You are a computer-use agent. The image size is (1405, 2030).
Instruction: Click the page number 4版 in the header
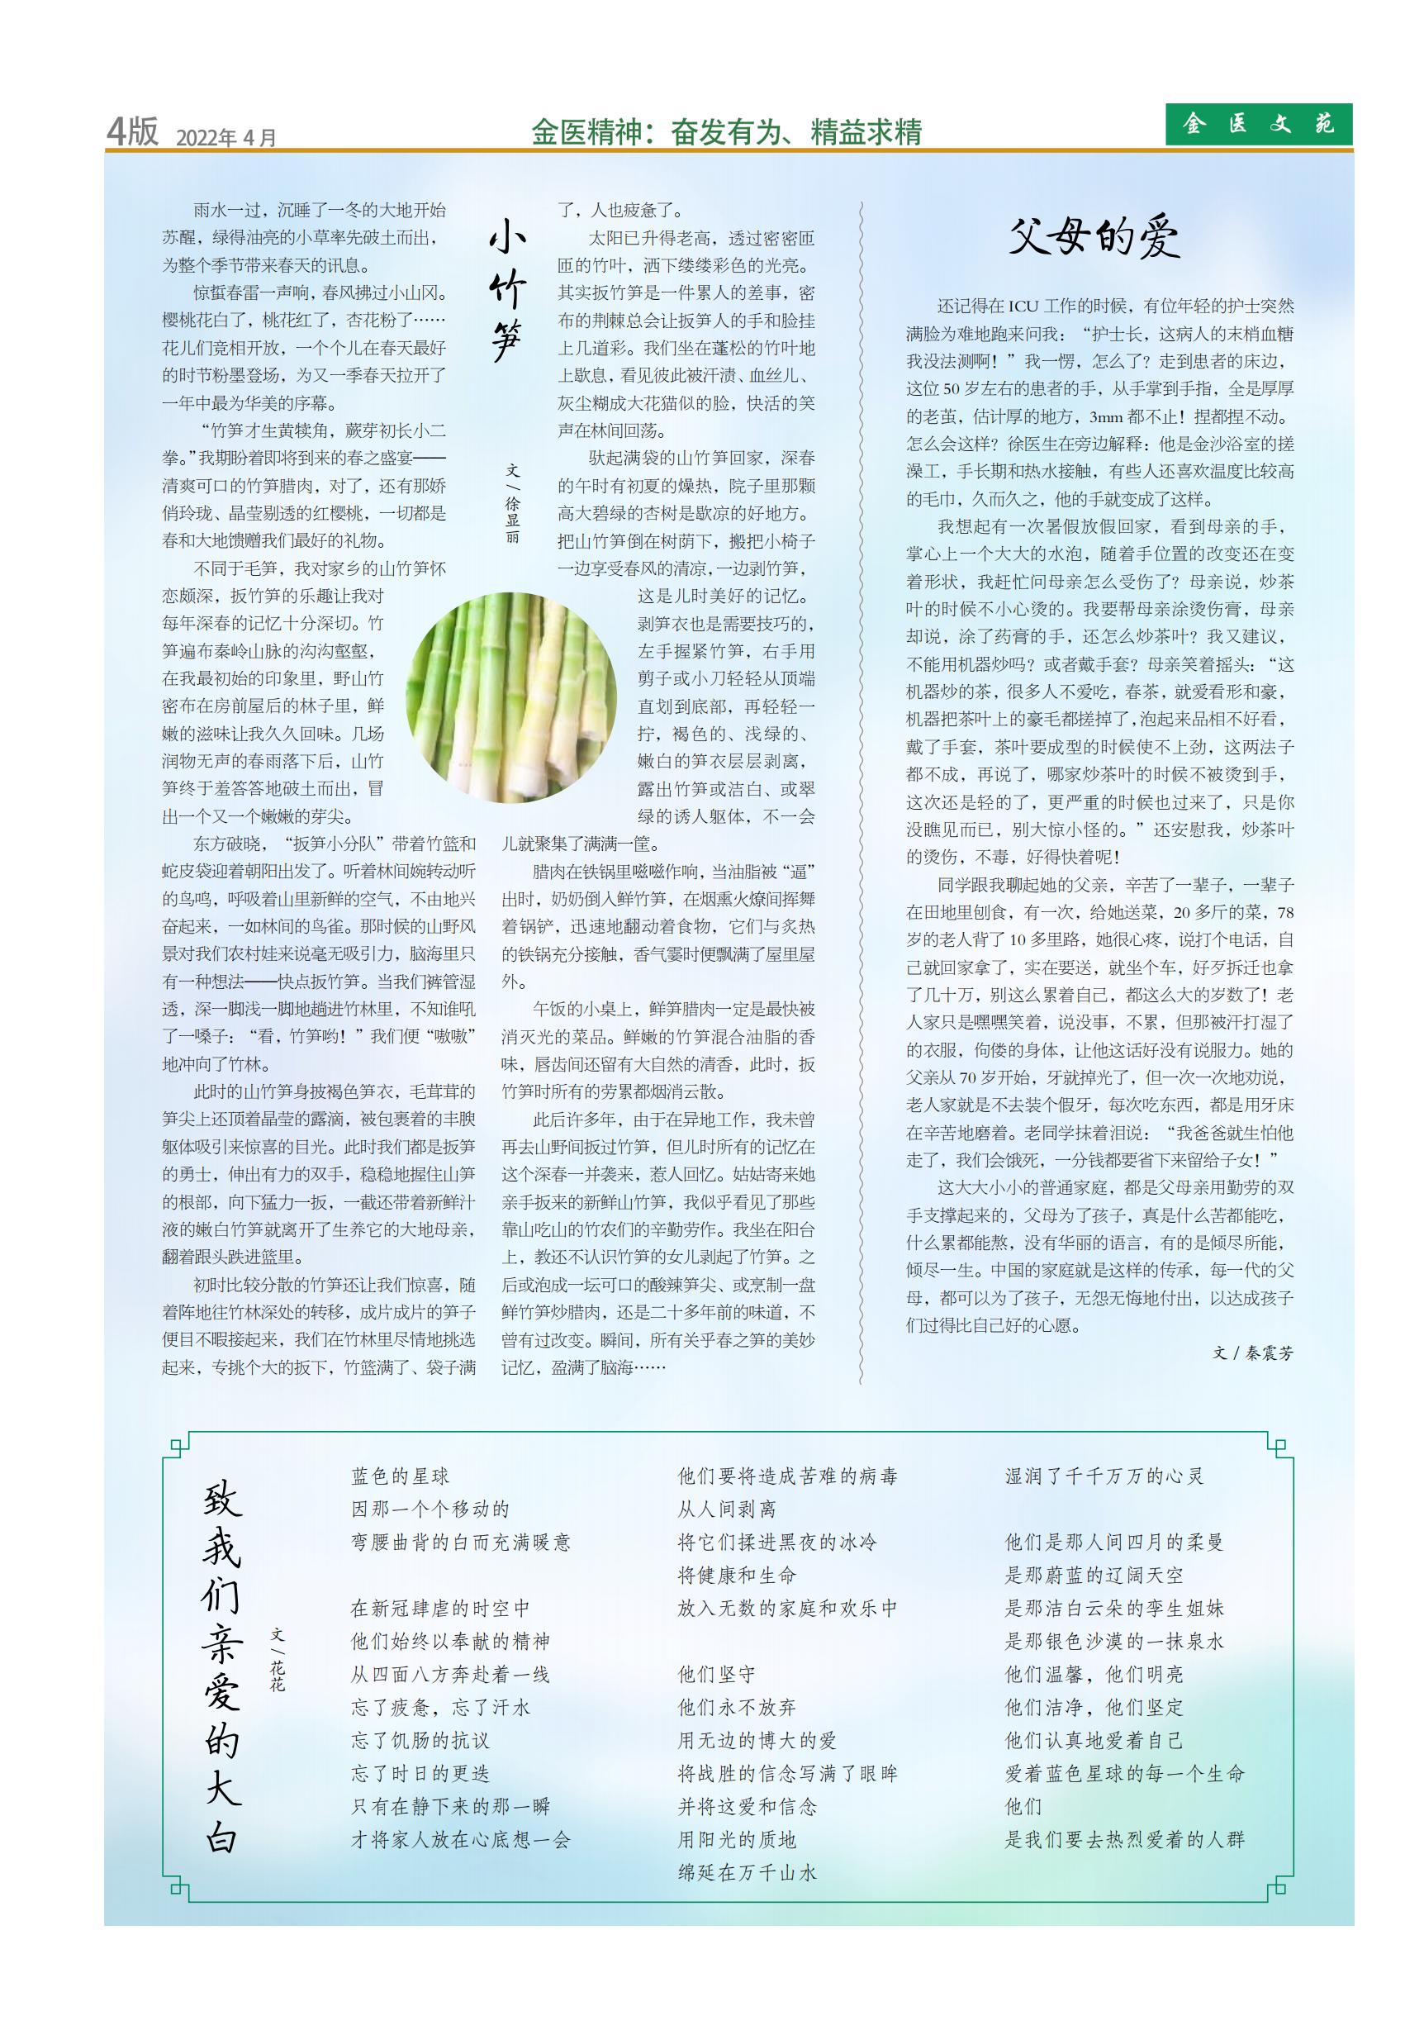pyautogui.click(x=132, y=132)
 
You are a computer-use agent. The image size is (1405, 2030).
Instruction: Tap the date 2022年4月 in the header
pyautogui.click(x=226, y=137)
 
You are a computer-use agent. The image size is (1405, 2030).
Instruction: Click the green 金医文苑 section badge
pyautogui.click(x=1258, y=124)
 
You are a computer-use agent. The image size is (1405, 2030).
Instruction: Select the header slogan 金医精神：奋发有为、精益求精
pyautogui.click(x=726, y=132)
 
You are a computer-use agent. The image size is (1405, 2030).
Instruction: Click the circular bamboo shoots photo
pyautogui.click(x=510, y=697)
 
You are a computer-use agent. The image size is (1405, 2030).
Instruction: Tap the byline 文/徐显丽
pyautogui.click(x=512, y=503)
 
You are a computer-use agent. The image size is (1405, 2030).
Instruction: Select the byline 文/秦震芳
pyautogui.click(x=1253, y=1353)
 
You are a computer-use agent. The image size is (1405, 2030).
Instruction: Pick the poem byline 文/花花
pyautogui.click(x=278, y=1660)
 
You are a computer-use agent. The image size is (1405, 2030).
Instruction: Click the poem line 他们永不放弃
pyautogui.click(x=737, y=1708)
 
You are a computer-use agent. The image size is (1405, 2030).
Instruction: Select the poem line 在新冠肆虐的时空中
pyautogui.click(x=440, y=1609)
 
